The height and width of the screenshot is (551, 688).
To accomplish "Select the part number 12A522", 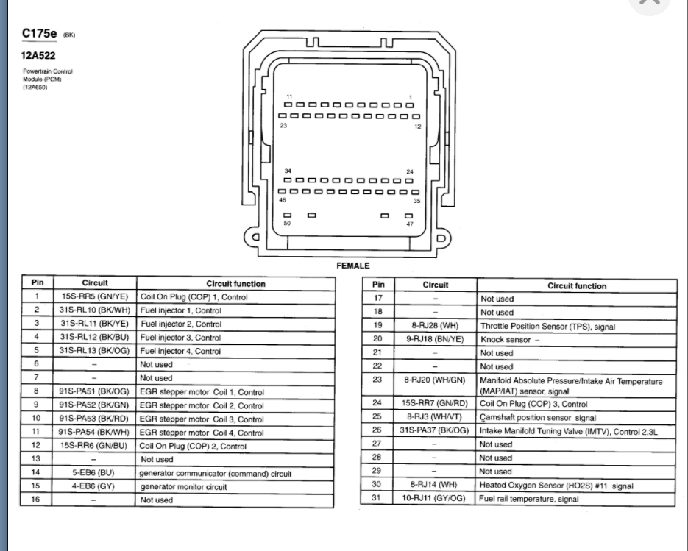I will (x=38, y=54).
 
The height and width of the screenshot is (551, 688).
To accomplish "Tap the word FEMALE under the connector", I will (x=354, y=266).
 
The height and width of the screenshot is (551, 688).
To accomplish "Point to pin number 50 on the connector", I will (x=287, y=223).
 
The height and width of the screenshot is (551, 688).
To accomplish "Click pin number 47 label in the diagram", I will (x=410, y=223).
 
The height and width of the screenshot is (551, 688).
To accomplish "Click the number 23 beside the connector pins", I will (x=283, y=126).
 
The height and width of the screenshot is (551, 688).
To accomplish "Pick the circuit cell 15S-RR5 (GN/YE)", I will (x=94, y=297).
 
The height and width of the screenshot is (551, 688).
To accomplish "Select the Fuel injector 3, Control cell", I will (x=180, y=338).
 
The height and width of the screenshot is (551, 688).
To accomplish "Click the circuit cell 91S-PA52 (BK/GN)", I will (x=94, y=405).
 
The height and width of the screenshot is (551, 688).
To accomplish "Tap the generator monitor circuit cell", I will (x=183, y=487).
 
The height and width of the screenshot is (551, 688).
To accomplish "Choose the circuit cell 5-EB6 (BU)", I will (x=94, y=473).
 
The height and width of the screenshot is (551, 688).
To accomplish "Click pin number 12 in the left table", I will (x=36, y=446).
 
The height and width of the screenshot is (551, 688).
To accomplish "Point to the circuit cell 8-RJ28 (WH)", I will (x=435, y=326).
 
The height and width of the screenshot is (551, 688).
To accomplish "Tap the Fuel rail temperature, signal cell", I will (x=529, y=499).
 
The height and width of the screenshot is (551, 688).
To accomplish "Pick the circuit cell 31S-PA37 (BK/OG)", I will (x=435, y=431).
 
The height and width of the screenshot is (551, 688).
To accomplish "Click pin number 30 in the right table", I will (x=377, y=486).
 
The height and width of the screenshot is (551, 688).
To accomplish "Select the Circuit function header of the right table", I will (x=577, y=285).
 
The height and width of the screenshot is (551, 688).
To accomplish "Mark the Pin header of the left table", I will (x=36, y=282).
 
